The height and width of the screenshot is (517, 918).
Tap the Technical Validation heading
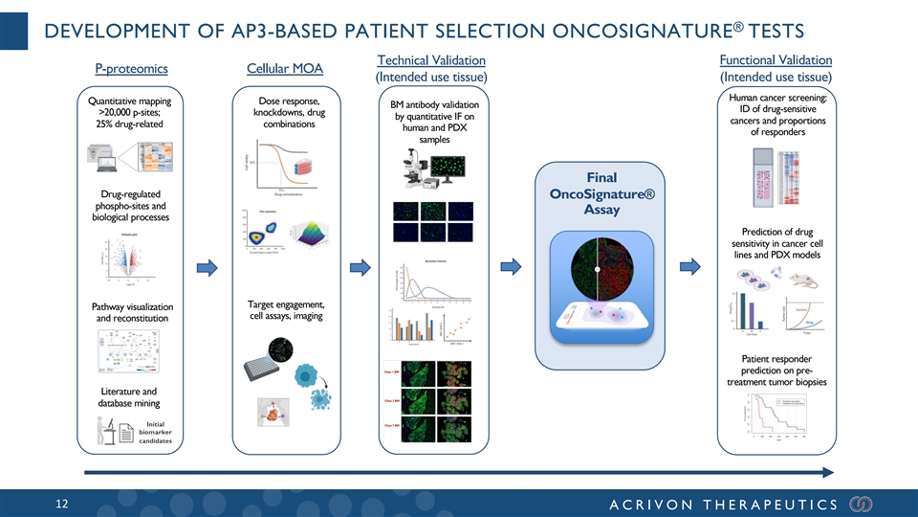click(x=432, y=60)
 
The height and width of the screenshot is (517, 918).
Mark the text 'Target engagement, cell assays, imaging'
click(x=284, y=310)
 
